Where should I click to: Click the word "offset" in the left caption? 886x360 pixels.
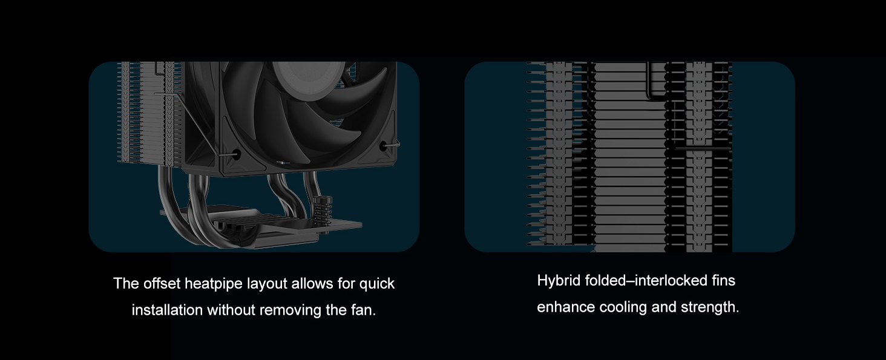162,283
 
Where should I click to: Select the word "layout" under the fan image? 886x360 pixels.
267,283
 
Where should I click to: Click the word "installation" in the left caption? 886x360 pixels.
167,310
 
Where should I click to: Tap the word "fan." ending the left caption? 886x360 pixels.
363,310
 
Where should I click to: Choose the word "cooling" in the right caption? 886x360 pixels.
623,307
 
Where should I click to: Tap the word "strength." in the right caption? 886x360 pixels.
710,307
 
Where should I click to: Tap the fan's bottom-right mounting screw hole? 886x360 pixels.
383,146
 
